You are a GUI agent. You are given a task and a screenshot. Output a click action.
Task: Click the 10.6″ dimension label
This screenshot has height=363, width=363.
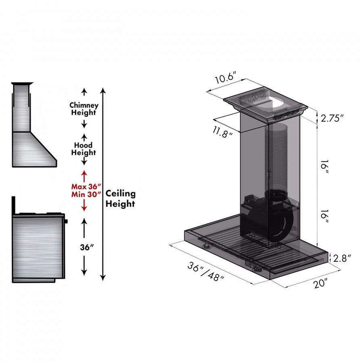pos(225,78)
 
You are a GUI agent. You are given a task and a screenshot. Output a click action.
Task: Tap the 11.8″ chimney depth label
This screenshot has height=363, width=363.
pos(223,132)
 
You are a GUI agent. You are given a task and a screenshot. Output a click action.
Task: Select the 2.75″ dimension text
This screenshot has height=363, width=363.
pos(332,118)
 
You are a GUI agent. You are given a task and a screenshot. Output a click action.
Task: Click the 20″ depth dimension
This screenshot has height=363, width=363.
pos(321,283)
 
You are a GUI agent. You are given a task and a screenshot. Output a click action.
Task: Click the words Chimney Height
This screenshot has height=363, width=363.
pos(84,109)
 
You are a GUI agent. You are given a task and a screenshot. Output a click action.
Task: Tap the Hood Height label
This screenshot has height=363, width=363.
pos(84,149)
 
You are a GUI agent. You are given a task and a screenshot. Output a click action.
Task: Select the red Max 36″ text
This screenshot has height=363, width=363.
pos(86,186)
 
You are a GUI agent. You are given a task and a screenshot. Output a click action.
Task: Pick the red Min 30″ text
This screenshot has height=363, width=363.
pos(86,194)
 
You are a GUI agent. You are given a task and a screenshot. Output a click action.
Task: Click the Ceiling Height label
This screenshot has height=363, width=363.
pos(120,198)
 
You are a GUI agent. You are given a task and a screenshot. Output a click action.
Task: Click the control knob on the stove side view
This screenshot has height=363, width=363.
pos(66,221)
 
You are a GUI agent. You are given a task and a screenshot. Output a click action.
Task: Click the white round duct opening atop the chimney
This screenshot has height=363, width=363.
pos(277,104)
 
